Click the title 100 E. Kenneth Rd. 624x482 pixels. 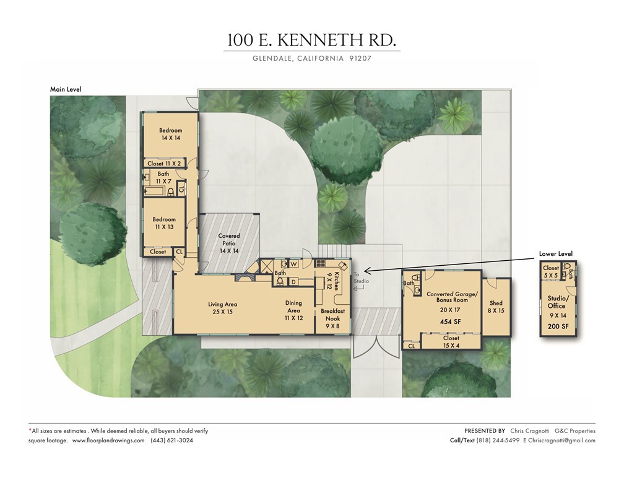pos(311,40)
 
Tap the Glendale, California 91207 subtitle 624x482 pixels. pos(311,59)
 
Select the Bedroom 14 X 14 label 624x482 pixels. pos(170,134)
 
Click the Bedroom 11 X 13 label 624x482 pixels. pos(164,223)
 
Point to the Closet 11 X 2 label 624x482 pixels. pos(164,164)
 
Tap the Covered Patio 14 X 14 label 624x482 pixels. pos(229,243)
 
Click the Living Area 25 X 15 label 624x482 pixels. pos(222,308)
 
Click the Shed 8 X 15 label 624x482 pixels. pos(496,307)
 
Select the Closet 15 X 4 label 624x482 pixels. pos(451,342)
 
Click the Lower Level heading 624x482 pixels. pos(555,254)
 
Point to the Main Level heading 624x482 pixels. pos(66,89)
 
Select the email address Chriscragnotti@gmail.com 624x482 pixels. pos(562,440)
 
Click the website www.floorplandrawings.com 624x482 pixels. pos(108,440)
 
